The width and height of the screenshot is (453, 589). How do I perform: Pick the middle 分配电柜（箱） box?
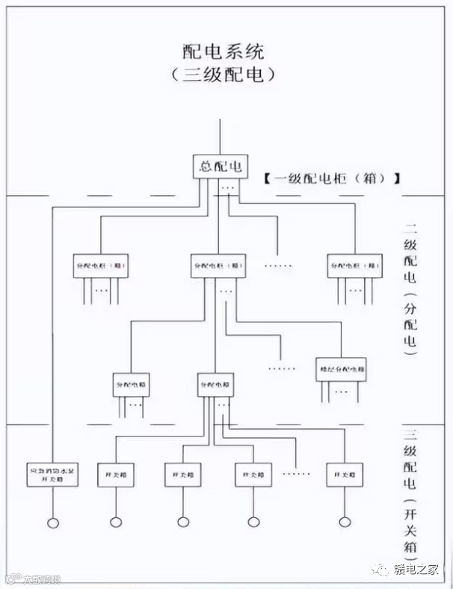coord(217,266)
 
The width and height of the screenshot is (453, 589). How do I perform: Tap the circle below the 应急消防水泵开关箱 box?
coord(52,522)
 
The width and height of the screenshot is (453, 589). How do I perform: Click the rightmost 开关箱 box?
coord(344,474)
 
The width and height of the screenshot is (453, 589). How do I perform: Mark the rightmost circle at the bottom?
coord(344,522)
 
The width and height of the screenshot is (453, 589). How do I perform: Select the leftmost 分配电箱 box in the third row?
coord(132,383)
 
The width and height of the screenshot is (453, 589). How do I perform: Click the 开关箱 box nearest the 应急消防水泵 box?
coord(115,474)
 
